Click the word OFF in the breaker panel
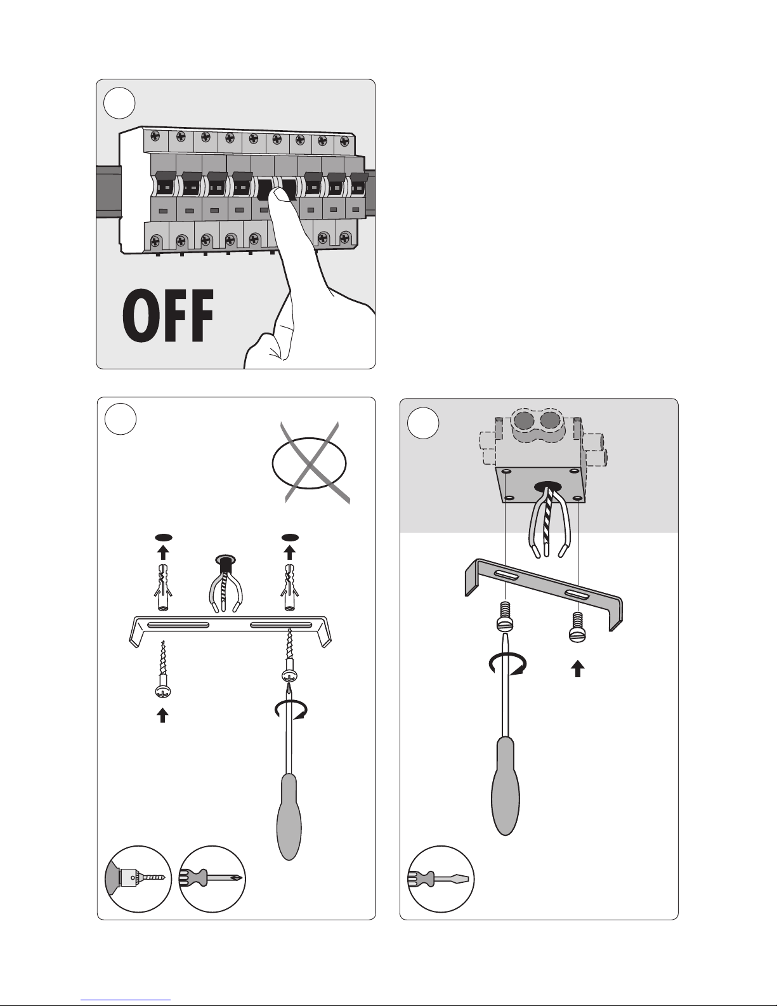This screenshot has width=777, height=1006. coord(168,315)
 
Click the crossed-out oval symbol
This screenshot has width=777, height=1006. coord(310,463)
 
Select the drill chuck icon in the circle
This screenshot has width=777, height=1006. coord(138,879)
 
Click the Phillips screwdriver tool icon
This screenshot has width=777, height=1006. coord(212,879)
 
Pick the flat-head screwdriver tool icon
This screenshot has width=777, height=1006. coord(441,879)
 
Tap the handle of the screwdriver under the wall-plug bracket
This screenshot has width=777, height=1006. coord(289,816)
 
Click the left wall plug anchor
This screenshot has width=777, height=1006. coord(162,587)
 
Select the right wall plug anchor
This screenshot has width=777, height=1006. coord(289,587)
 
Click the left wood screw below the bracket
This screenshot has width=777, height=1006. coord(162,669)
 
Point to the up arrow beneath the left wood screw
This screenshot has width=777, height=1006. coord(162,715)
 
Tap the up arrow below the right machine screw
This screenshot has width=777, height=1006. coord(578,668)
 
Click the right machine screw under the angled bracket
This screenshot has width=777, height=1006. coord(578,627)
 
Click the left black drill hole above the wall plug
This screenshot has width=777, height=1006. coord(163,538)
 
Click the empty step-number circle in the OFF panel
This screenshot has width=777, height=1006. coord(119,103)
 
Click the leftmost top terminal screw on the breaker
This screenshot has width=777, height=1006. coord(155,136)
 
